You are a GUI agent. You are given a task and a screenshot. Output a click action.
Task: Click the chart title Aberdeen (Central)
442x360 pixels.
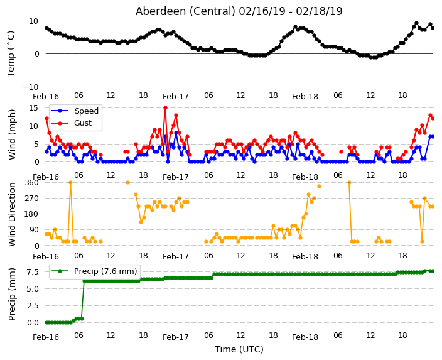click(185, 11)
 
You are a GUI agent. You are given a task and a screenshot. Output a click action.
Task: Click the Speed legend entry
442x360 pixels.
click(75, 111)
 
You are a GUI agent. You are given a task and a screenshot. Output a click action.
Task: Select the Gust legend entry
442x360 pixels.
click(72, 123)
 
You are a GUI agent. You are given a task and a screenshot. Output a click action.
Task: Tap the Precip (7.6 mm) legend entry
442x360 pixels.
click(94, 271)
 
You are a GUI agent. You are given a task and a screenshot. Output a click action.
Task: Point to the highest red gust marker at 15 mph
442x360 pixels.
click(166, 108)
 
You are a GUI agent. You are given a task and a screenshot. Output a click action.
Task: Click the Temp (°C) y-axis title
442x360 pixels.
click(11, 54)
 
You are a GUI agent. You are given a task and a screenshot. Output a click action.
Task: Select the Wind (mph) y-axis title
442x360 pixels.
click(12, 134)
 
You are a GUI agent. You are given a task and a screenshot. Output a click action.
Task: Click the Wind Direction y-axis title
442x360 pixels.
click(12, 214)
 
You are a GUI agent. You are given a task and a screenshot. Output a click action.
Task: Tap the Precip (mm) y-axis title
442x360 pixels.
click(11, 294)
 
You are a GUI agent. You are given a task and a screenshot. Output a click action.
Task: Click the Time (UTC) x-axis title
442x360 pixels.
click(239, 349)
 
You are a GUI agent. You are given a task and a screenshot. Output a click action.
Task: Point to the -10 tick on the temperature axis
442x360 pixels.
click(31, 87)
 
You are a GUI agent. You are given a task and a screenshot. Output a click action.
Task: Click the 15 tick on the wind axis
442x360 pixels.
click(35, 108)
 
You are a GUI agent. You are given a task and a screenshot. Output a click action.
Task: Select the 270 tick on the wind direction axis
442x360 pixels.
click(32, 199)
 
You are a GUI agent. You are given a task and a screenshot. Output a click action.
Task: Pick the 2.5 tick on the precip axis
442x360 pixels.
click(33, 306)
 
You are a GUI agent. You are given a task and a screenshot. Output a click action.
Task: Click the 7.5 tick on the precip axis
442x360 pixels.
click(33, 272)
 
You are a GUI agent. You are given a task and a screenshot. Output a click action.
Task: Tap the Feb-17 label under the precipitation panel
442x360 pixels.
click(176, 337)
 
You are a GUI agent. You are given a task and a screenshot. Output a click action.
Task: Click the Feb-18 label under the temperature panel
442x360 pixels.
click(305, 97)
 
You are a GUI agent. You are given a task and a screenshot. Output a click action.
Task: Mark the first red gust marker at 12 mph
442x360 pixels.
click(47, 119)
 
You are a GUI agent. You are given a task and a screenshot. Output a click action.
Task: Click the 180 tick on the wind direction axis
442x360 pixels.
click(32, 214)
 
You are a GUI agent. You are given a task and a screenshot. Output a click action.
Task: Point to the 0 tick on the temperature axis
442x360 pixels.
click(36, 54)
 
